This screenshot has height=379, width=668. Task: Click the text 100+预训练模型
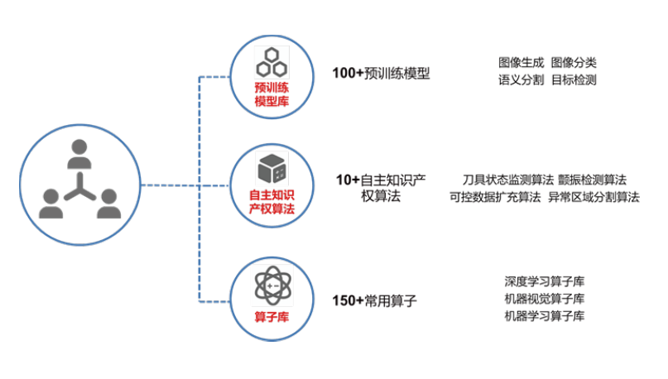pyautogui.click(x=381, y=74)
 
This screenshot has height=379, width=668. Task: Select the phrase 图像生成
pyautogui.click(x=521, y=62)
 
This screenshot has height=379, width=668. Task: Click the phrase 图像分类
pyautogui.click(x=574, y=62)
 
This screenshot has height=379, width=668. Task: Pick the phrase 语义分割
pyautogui.click(x=521, y=80)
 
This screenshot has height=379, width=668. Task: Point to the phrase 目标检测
pyautogui.click(x=574, y=80)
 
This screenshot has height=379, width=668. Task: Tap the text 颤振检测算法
pyautogui.click(x=592, y=179)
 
